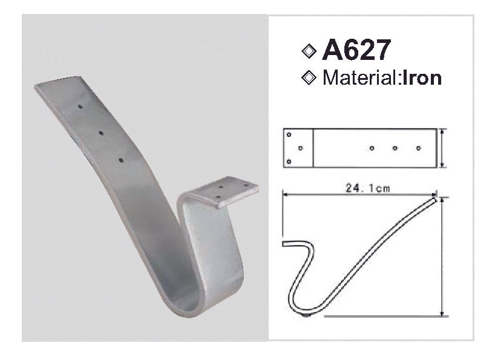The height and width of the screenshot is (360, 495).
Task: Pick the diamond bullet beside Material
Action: click(309, 78)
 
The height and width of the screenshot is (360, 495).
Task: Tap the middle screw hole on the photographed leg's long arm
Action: click(101, 132)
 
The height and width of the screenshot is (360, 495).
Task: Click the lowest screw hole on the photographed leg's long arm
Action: click(122, 160)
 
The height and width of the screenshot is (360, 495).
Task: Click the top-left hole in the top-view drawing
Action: click(289, 135)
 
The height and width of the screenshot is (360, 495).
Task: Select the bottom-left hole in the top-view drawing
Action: click(289, 161)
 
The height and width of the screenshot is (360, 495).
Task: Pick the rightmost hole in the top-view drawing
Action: click(418, 148)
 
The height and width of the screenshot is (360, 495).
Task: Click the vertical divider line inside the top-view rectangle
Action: click(313, 148)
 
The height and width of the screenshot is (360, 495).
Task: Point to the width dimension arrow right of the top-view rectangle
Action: click(444, 148)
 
